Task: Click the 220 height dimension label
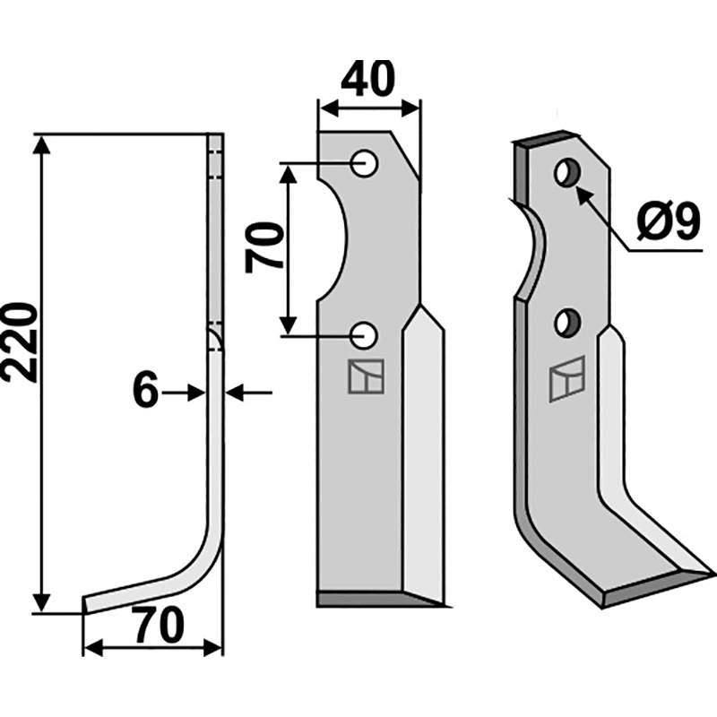coord(19,341)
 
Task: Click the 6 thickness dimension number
coord(145,392)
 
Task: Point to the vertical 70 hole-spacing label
coord(264,247)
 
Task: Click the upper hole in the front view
coord(365,163)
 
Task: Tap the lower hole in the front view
coord(364,335)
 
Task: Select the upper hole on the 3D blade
coord(568,173)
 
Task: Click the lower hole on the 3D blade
coord(567,324)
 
